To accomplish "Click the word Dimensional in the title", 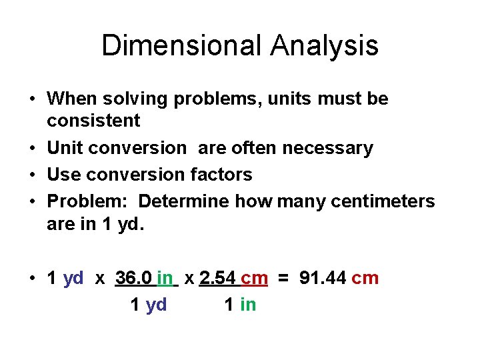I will click(x=181, y=46).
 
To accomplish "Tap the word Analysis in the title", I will click(x=325, y=46).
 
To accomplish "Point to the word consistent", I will click(x=93, y=121).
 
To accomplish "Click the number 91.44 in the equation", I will click(x=323, y=278).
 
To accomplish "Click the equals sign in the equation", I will click(x=283, y=278).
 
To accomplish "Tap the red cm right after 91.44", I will click(x=365, y=278).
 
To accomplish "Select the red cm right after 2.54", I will click(x=254, y=278).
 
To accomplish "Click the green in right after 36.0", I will click(x=165, y=278).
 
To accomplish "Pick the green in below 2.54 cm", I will click(x=247, y=305).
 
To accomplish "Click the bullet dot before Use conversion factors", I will click(x=32, y=175).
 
